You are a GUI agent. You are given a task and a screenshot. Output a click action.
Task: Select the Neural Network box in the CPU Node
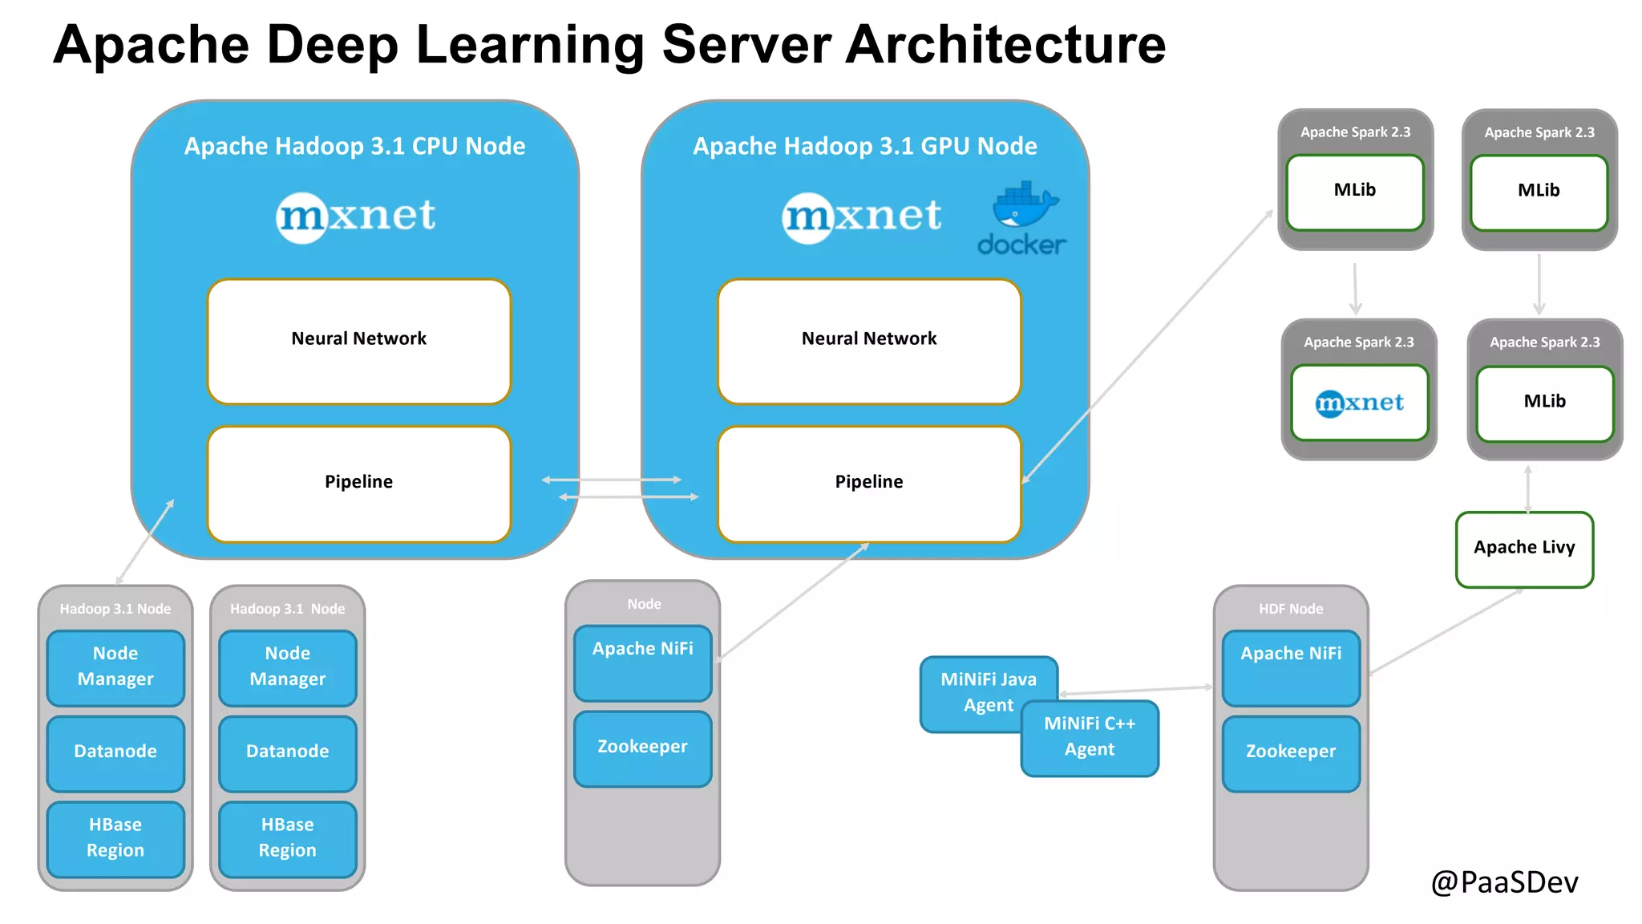pyautogui.click(x=358, y=341)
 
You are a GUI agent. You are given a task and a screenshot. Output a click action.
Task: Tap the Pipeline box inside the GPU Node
pyautogui.click(x=869, y=484)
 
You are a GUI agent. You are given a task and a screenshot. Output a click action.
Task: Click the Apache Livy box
pyautogui.click(x=1524, y=549)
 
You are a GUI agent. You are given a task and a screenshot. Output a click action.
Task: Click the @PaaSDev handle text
pyautogui.click(x=1504, y=882)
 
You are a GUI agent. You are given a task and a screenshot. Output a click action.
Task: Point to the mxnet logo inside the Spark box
pyautogui.click(x=1359, y=403)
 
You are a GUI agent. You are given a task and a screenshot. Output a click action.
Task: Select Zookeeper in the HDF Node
pyautogui.click(x=1291, y=753)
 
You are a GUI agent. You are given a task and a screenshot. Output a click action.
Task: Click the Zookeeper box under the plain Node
pyautogui.click(x=642, y=748)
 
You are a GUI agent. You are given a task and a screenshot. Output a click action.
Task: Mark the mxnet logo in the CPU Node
pyautogui.click(x=356, y=217)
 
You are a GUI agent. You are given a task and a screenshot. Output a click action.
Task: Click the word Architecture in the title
pyautogui.click(x=1005, y=45)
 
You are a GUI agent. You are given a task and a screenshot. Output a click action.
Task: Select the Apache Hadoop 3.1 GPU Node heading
pyautogui.click(x=864, y=146)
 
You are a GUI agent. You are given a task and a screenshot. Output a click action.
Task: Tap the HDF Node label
pyautogui.click(x=1291, y=609)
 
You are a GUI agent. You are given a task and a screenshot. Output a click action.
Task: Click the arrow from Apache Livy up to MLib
pyautogui.click(x=1527, y=488)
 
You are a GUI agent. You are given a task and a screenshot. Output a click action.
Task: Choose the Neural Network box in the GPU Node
pyautogui.click(x=869, y=341)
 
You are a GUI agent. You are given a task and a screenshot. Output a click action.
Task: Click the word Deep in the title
pyautogui.click(x=332, y=45)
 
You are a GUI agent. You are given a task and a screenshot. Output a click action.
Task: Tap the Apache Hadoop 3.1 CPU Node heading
pyautogui.click(x=354, y=146)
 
